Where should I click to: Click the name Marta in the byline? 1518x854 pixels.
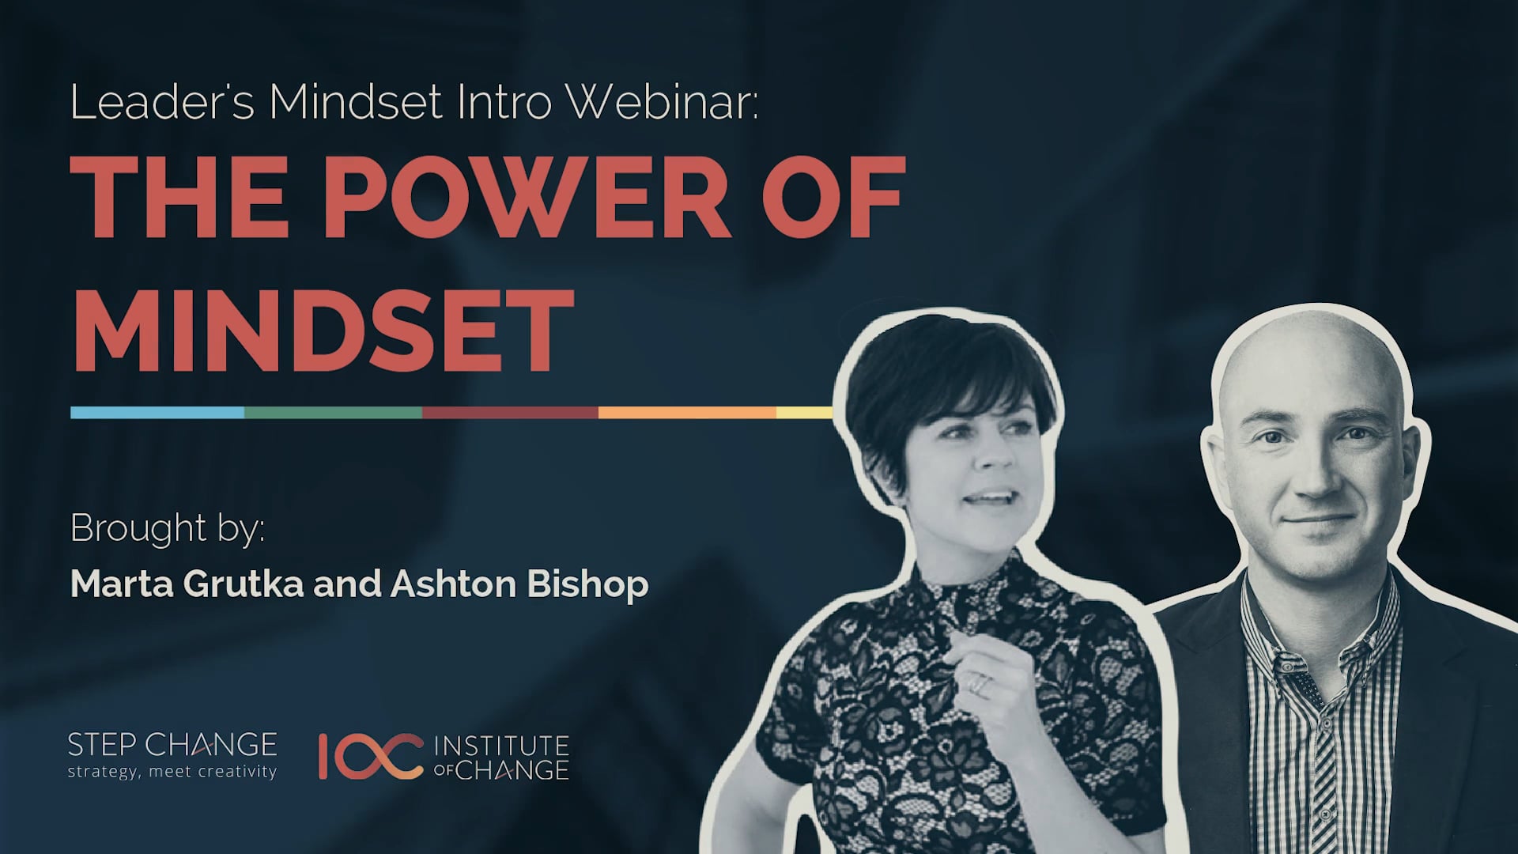click(120, 584)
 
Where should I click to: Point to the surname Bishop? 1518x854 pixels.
click(587, 584)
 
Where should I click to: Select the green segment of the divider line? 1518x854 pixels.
click(333, 412)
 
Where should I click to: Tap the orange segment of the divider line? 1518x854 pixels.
click(687, 412)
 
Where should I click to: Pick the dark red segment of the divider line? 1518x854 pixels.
click(510, 412)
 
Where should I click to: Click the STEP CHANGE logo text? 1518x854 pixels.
click(172, 745)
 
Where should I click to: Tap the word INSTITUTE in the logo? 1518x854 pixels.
click(501, 746)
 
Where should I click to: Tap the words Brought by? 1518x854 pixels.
click(167, 529)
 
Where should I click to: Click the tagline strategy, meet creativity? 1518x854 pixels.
click(172, 772)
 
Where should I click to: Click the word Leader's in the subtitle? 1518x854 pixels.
click(162, 102)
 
